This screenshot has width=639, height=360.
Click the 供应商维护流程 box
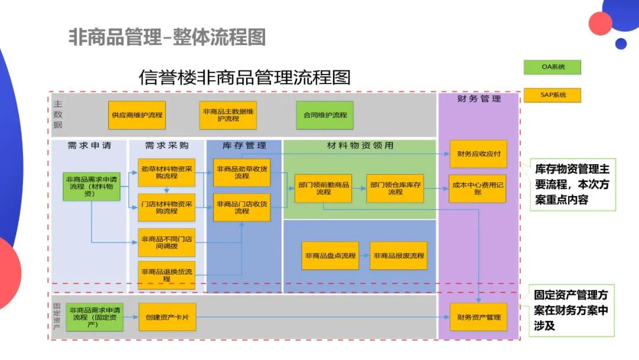pyautogui.click(x=137, y=115)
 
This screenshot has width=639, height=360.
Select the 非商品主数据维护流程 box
pyautogui.click(x=228, y=115)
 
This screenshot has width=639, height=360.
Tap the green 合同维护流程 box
pyautogui.click(x=325, y=115)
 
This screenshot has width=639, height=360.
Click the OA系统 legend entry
pyautogui.click(x=552, y=67)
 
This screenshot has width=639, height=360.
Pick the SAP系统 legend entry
pyautogui.click(x=552, y=95)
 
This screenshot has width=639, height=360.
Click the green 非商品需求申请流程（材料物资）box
pyautogui.click(x=92, y=186)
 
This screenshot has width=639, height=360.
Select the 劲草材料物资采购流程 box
pyautogui.click(x=167, y=172)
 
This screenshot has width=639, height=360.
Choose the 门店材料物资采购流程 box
pyautogui.click(x=167, y=207)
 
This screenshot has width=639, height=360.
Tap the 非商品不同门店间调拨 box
pyautogui.click(x=167, y=242)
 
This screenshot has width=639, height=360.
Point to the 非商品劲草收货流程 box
pyautogui.click(x=241, y=172)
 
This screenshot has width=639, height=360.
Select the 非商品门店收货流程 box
pyautogui.click(x=241, y=207)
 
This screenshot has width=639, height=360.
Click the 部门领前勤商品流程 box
pyautogui.click(x=323, y=188)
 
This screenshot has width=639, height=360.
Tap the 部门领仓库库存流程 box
pyautogui.click(x=395, y=188)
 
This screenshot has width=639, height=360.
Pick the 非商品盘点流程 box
pyautogui.click(x=330, y=256)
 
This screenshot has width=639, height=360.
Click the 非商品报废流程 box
pyautogui.click(x=398, y=256)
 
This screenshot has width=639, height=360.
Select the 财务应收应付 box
pyautogui.click(x=478, y=154)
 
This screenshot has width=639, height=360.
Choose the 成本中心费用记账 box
pyautogui.click(x=478, y=188)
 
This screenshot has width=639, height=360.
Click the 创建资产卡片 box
pyautogui.click(x=167, y=317)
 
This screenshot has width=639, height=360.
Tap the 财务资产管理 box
pyautogui.click(x=478, y=317)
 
